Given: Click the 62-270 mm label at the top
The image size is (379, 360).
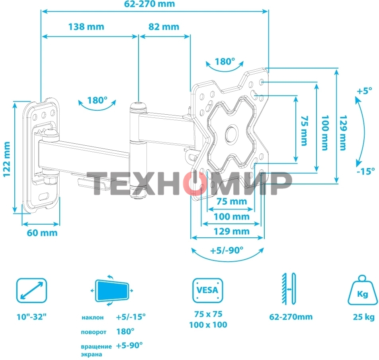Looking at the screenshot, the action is pyautogui.click(x=149, y=4).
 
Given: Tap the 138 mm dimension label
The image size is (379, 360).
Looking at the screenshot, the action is pyautogui.click(x=86, y=27).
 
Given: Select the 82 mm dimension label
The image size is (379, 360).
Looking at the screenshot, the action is pyautogui.click(x=164, y=27).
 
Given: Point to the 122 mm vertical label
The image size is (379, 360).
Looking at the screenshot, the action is pyautogui.click(x=7, y=160).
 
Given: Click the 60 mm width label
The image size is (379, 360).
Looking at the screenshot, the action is pyautogui.click(x=42, y=233).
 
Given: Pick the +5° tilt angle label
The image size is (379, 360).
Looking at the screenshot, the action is pyautogui.click(x=365, y=91).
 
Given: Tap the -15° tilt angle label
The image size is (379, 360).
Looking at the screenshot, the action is pyautogui.click(x=366, y=171).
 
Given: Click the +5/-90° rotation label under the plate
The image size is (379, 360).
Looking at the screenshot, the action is pyautogui.click(x=227, y=250).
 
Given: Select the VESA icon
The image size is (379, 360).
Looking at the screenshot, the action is pyautogui.click(x=208, y=290).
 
